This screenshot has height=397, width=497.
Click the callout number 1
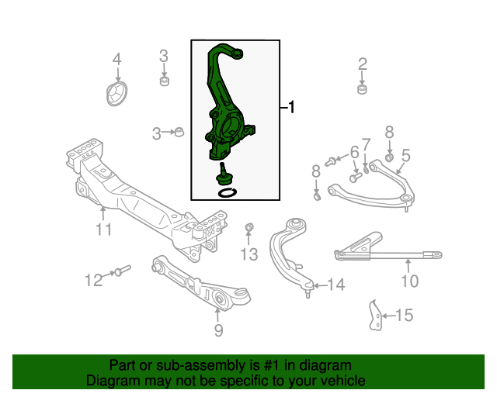point(291,108)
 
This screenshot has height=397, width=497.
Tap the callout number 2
point(363,64)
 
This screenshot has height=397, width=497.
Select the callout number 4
point(117,60)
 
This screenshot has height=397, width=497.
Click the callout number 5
point(405,155)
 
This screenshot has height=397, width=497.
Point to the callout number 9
point(218,331)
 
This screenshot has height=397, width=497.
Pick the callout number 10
point(409,280)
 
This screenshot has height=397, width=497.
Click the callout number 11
point(104,230)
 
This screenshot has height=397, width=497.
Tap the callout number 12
point(93,280)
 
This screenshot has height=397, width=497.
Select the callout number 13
point(248,254)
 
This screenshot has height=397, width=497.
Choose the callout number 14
point(335,285)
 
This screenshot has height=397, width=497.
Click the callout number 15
point(404,316)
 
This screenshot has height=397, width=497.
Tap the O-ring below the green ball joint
point(226,191)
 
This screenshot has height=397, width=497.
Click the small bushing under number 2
point(362,91)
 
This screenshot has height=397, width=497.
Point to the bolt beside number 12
point(122,271)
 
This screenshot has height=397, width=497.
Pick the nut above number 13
point(249,227)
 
